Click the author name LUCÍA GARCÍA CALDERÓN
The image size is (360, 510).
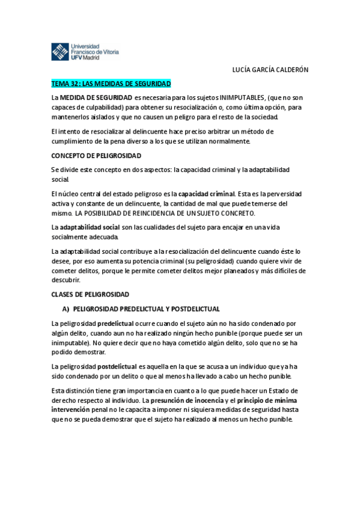[270, 69]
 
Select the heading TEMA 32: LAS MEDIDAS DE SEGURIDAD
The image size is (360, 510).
[111, 83]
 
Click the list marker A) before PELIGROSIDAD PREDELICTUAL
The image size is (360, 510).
[66, 309]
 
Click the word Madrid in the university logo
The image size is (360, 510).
[91, 58]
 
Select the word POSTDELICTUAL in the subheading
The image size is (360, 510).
[195, 309]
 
